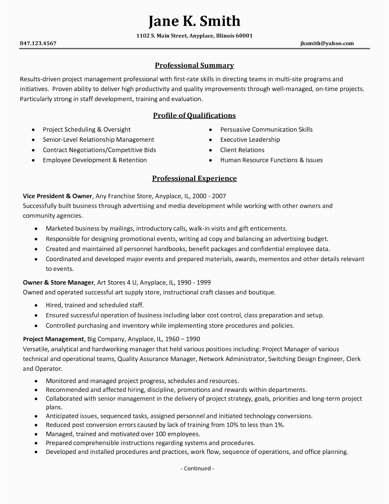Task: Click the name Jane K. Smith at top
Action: pos(194,21)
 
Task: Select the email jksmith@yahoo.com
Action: pos(327,43)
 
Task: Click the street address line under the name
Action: pos(194,36)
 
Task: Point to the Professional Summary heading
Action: pos(194,66)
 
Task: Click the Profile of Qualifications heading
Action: pos(194,116)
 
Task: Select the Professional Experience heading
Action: pos(194,179)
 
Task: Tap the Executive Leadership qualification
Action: pos(250,140)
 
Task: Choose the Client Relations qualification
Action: pos(242,150)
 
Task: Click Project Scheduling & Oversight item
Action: pos(87,129)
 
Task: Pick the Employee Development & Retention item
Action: pos(95,160)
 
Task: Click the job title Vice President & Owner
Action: pos(58,196)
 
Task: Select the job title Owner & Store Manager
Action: pos(59,282)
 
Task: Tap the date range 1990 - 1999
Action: pos(195,282)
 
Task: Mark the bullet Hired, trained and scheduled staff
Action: pos(95,305)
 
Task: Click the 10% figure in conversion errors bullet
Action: pos(232,425)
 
